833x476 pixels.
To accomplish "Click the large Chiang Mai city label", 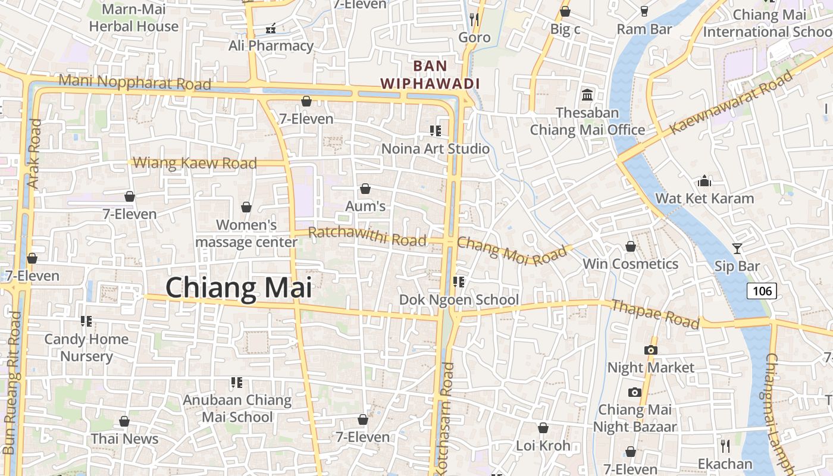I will click(239, 288).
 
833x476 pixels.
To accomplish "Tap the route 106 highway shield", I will click(762, 290).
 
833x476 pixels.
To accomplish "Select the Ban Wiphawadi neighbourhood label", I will click(430, 74).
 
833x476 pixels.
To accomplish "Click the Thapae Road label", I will click(655, 314).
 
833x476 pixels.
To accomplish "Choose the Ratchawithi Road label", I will click(367, 236).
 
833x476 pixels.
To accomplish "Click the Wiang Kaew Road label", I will click(195, 162).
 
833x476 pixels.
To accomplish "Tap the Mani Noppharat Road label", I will click(135, 82).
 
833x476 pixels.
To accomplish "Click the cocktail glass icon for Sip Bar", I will click(737, 248).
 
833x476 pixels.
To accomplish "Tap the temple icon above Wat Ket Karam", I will click(704, 180).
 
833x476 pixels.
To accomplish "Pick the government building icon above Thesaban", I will click(587, 95).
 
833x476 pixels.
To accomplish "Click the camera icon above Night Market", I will click(651, 350).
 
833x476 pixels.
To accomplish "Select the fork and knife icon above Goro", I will click(474, 20).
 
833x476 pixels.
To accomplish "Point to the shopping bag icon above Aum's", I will click(365, 189).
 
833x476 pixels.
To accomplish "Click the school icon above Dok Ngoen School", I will click(459, 281).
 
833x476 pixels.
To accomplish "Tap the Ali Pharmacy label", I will click(271, 45).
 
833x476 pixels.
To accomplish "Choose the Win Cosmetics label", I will click(630, 264).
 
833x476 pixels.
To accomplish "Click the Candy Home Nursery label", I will click(86, 347).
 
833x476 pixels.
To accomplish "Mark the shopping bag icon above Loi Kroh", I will click(543, 428).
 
